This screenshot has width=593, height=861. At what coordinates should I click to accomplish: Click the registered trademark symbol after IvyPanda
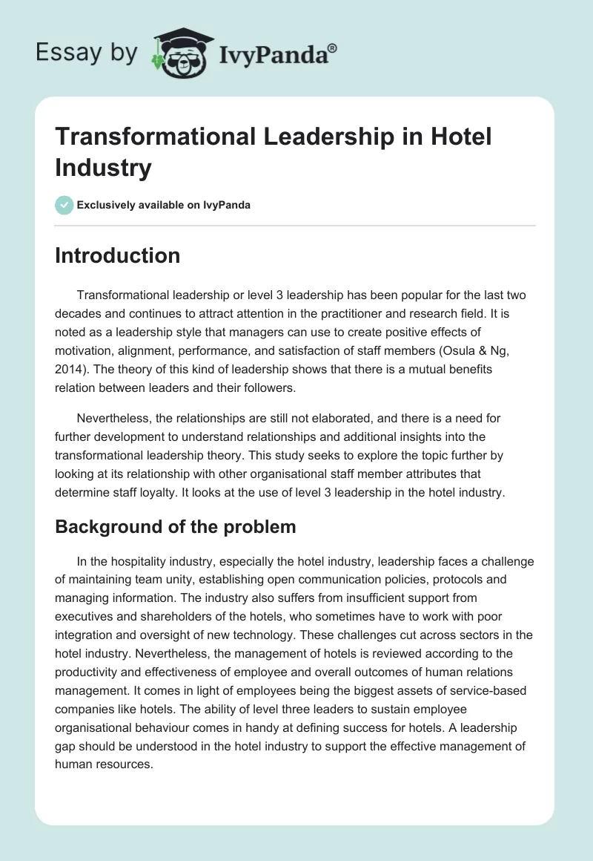(332, 48)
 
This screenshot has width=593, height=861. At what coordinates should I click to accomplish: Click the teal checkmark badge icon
(64, 205)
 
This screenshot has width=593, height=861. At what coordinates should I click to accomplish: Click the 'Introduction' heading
(117, 255)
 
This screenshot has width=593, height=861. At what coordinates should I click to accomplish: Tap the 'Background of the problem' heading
(175, 527)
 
